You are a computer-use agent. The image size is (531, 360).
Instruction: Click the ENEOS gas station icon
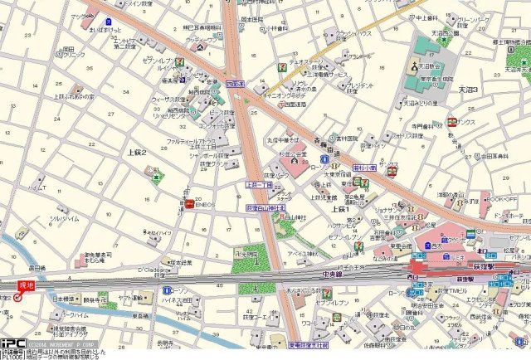pyautogui.click(x=189, y=203)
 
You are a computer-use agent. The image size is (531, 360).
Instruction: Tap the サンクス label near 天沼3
pyautogui.click(x=471, y=122)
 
